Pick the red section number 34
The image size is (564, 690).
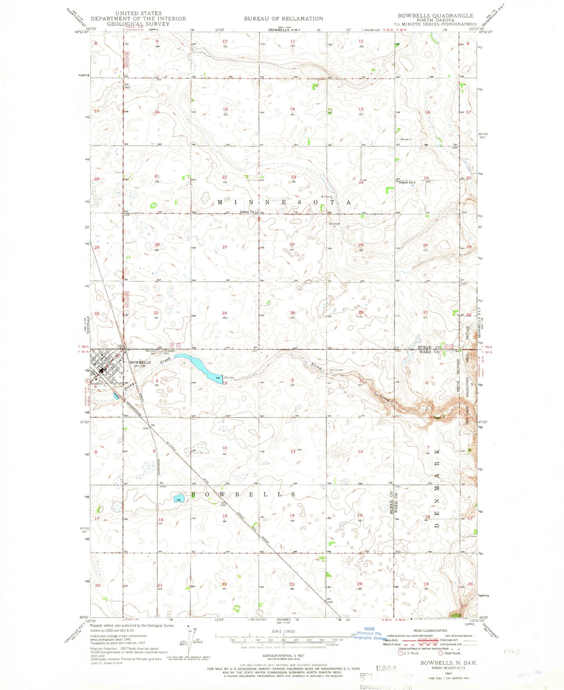(x=224, y=313)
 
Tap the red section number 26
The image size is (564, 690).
(x=292, y=244)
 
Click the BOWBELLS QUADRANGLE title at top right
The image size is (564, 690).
(x=435, y=16)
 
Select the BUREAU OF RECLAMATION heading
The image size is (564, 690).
(x=283, y=18)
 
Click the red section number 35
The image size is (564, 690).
(x=292, y=313)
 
